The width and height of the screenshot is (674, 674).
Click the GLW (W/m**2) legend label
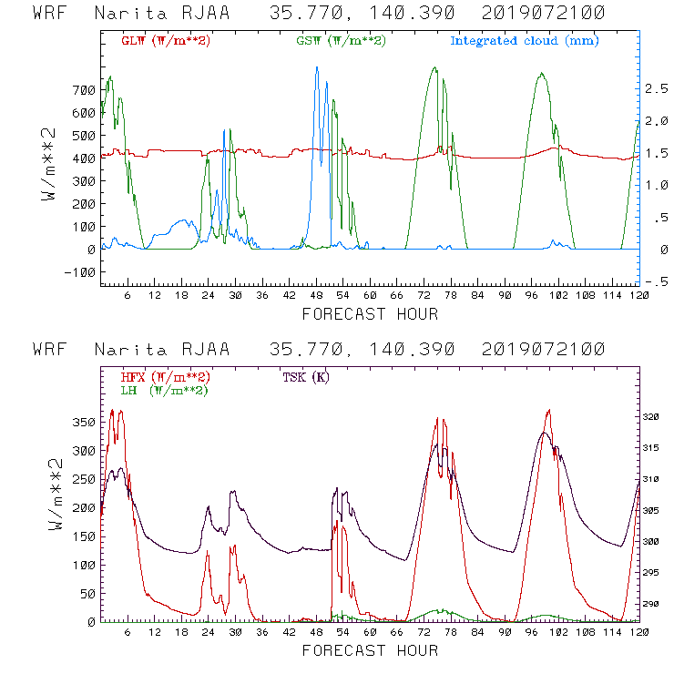click(x=166, y=41)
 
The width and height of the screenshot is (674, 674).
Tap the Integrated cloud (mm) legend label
click(x=525, y=41)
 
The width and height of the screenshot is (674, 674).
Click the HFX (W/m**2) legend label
click(x=166, y=377)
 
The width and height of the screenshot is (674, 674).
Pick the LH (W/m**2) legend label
click(x=164, y=390)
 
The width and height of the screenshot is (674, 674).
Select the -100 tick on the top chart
click(x=80, y=272)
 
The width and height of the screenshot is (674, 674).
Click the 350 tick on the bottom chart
click(x=84, y=423)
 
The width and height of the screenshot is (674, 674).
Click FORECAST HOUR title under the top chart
click(x=370, y=315)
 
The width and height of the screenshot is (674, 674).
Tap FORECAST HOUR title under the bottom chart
click(x=370, y=651)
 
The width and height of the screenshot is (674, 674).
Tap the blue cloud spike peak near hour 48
click(x=316, y=67)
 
